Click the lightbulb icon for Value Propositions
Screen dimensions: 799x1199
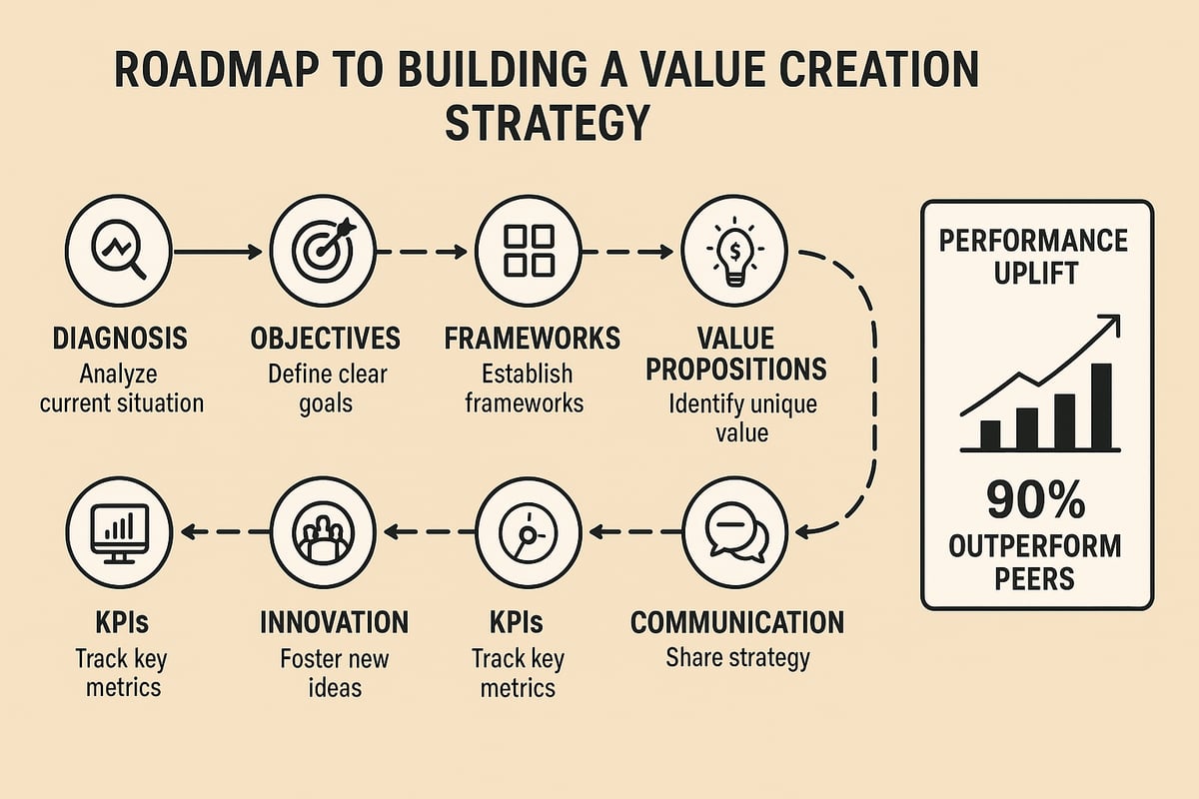point(735,250)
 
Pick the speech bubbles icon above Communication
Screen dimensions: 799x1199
point(737,532)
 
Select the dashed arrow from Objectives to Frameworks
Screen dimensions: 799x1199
point(425,253)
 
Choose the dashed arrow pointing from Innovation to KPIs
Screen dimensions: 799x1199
point(220,532)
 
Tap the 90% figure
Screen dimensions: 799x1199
point(1036,500)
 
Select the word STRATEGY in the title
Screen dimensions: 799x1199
point(547,125)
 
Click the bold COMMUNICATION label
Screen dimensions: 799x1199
point(736,623)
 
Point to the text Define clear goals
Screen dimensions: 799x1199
point(327,391)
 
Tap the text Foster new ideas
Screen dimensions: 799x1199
point(334,674)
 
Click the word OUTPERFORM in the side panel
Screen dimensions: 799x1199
point(1036,547)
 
